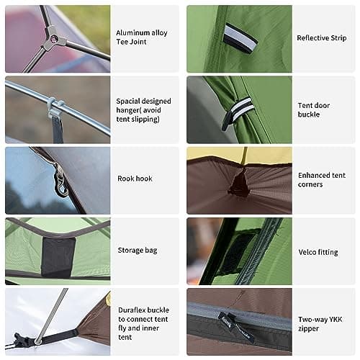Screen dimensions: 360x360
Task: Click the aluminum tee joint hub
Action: pyautogui.click(x=54, y=37)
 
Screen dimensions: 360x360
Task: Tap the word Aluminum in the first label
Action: pyautogui.click(x=131, y=33)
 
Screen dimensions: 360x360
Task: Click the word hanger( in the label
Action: pyautogui.click(x=128, y=110)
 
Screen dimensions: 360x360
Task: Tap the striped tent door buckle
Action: pyautogui.click(x=235, y=113)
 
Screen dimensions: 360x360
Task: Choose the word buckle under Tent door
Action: pyautogui.click(x=309, y=114)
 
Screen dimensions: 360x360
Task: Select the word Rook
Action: pyautogui.click(x=124, y=179)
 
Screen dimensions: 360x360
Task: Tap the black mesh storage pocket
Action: pyautogui.click(x=58, y=256)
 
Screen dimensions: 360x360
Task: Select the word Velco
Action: pyautogui.click(x=307, y=252)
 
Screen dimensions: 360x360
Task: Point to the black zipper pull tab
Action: pyautogui.click(x=237, y=326)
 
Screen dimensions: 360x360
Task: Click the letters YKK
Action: pyautogui.click(x=336, y=320)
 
